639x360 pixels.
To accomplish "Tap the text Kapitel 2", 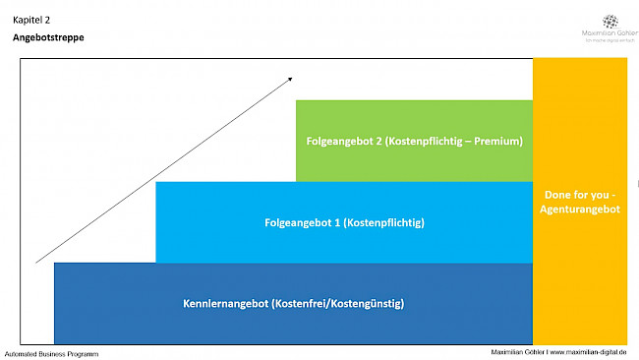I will [31, 19].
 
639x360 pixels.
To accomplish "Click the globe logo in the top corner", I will [610, 22].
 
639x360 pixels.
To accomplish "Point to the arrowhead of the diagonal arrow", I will [290, 78].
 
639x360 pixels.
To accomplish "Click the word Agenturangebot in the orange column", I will [580, 210].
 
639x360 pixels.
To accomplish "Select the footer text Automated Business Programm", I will [51, 353].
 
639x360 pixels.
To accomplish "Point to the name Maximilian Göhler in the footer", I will [518, 352].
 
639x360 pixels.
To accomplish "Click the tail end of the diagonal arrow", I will [36, 262].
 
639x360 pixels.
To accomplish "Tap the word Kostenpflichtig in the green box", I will [427, 141].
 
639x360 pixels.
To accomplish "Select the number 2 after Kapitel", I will [47, 19].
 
